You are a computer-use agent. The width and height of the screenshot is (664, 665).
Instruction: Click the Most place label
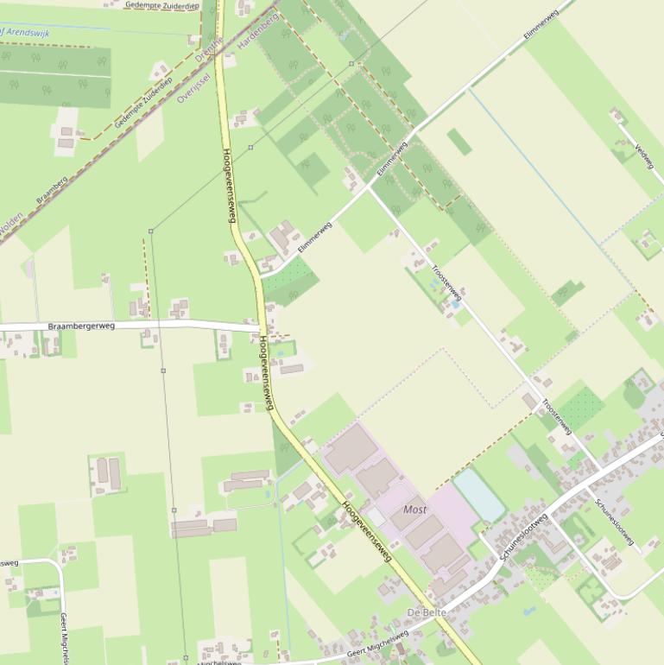click(x=415, y=510)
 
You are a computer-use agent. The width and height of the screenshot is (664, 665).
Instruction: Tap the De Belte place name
click(x=426, y=613)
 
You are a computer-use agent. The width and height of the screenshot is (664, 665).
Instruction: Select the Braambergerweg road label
click(x=81, y=326)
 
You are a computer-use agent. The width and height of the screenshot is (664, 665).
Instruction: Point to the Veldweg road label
click(x=644, y=155)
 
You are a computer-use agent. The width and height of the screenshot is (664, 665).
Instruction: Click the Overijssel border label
click(x=193, y=87)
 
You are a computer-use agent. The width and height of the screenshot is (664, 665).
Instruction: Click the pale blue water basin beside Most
click(x=479, y=495)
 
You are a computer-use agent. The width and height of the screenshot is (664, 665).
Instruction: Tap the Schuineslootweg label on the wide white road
click(x=524, y=538)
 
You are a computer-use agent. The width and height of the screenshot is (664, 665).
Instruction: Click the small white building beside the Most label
click(x=376, y=516)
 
